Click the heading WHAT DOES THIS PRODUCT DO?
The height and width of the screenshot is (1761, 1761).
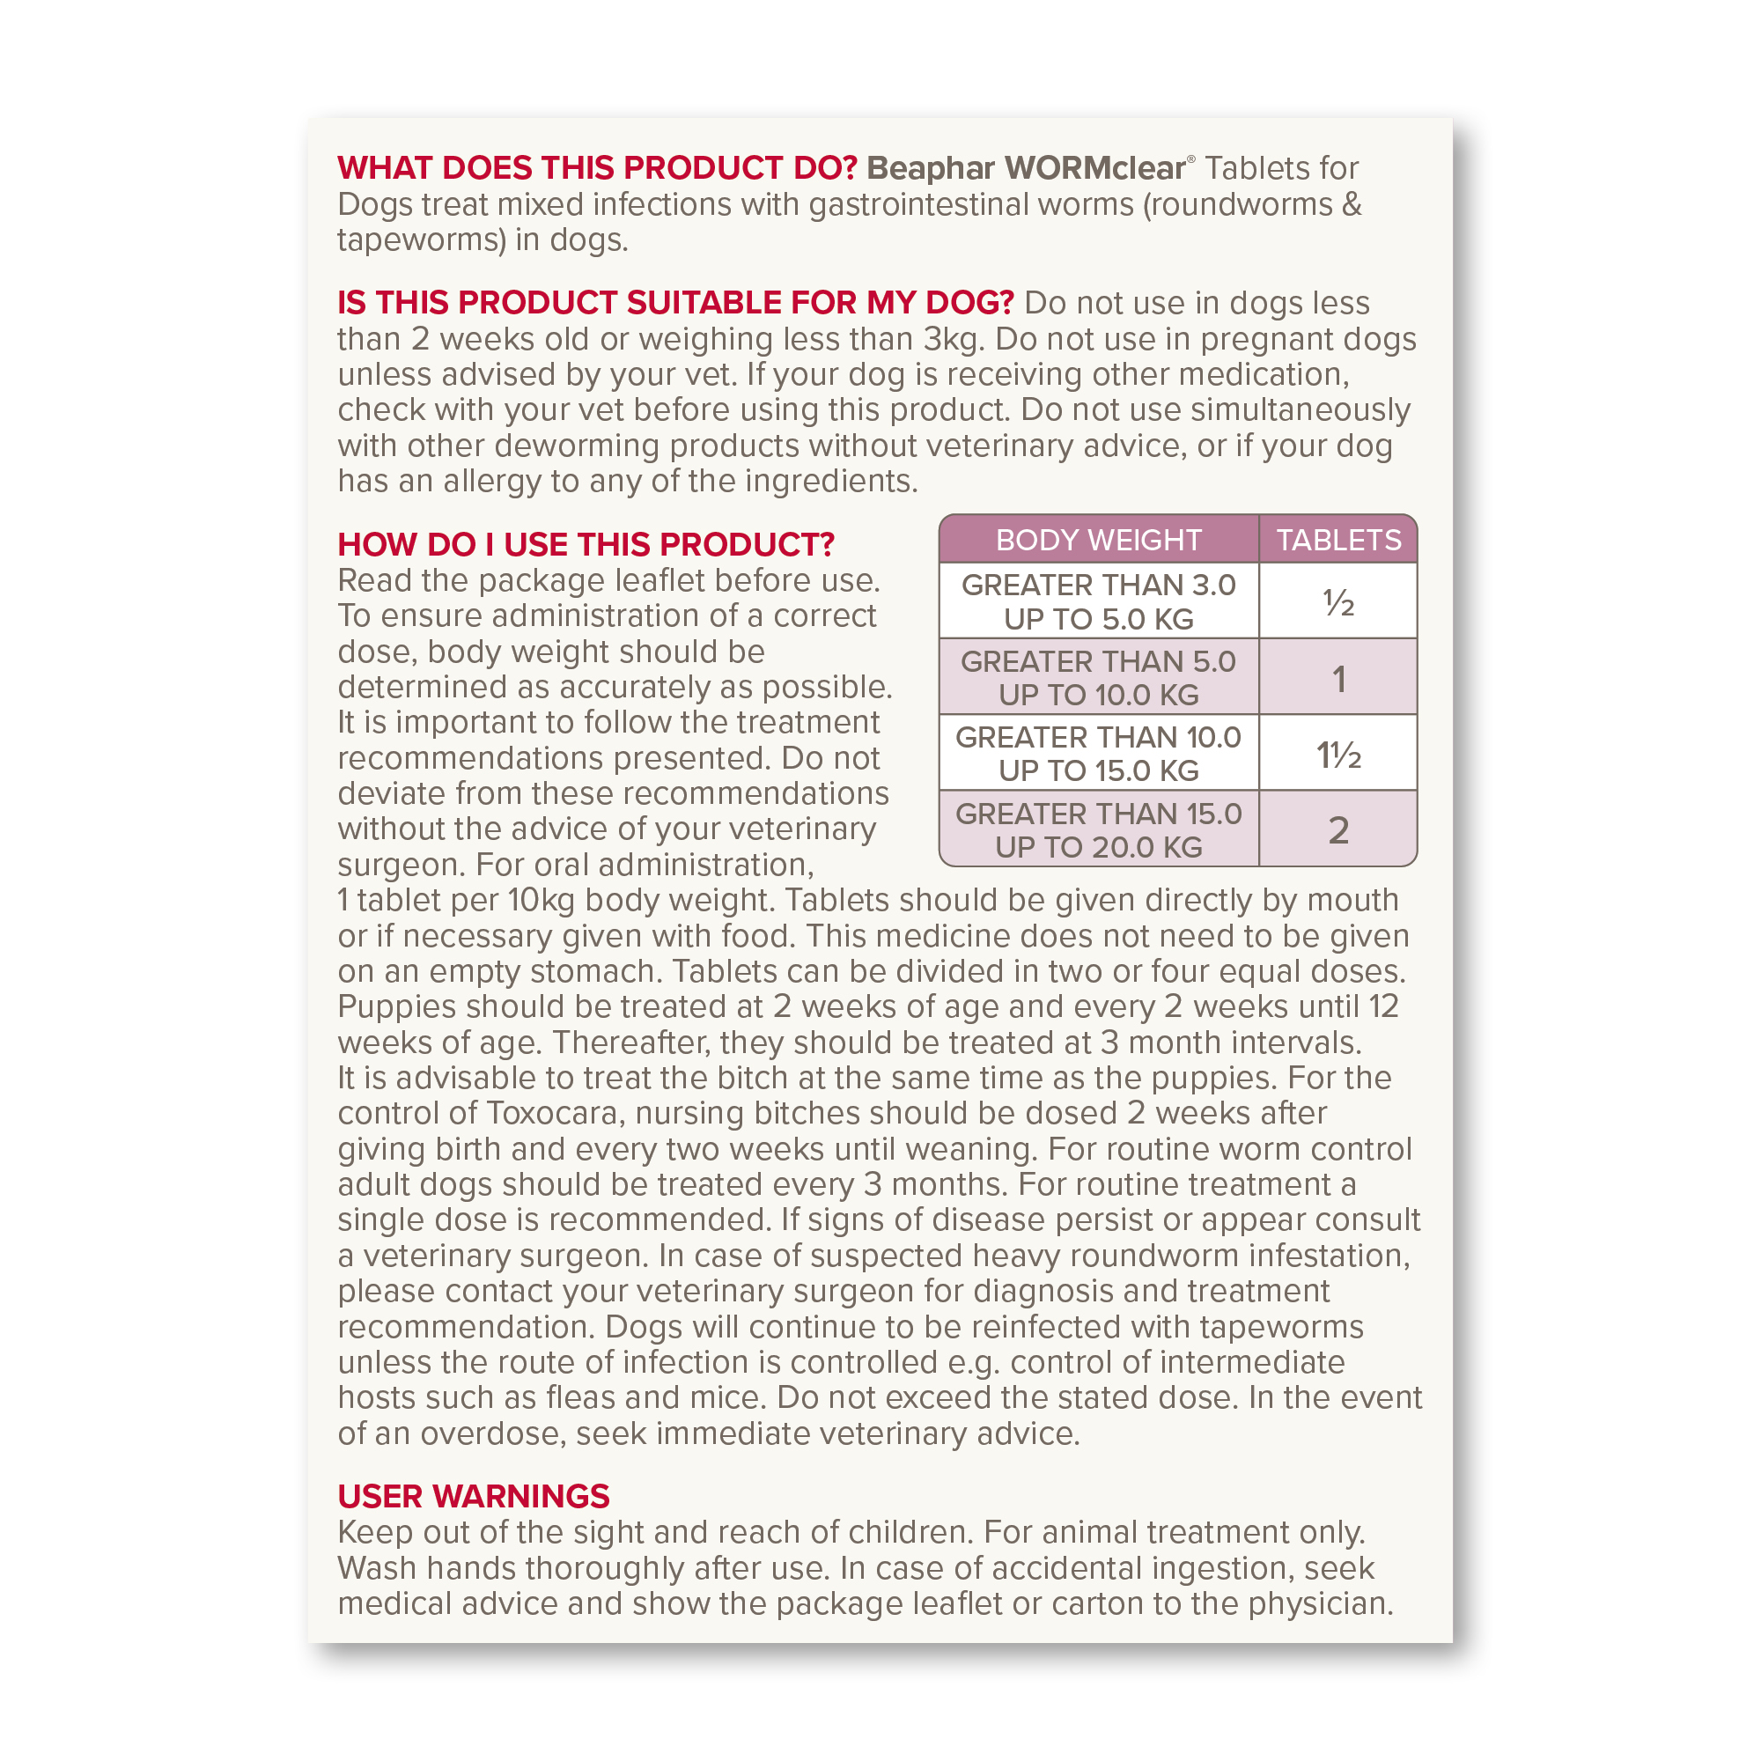(597, 169)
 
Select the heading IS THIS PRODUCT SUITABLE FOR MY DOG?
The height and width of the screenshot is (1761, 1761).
(675, 303)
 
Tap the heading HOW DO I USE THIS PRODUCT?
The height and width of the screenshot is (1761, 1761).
(586, 544)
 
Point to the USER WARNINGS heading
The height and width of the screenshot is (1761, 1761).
(473, 1496)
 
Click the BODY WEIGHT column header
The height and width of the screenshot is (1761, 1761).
(1098, 540)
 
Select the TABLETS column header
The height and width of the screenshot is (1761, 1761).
(1338, 540)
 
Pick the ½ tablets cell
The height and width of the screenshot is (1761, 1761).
(1338, 602)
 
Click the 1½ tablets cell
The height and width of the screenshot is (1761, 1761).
(1338, 755)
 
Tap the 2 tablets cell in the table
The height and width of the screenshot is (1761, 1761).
(1338, 830)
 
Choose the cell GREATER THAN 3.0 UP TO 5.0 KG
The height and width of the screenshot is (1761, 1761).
(1098, 601)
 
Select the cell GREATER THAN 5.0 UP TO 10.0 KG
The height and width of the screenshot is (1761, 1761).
(1098, 678)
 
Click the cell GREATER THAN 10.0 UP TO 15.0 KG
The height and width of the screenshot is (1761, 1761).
(1098, 754)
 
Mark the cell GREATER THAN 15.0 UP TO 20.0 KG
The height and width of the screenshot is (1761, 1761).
(1098, 830)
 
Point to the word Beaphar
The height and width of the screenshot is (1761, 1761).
(931, 169)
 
